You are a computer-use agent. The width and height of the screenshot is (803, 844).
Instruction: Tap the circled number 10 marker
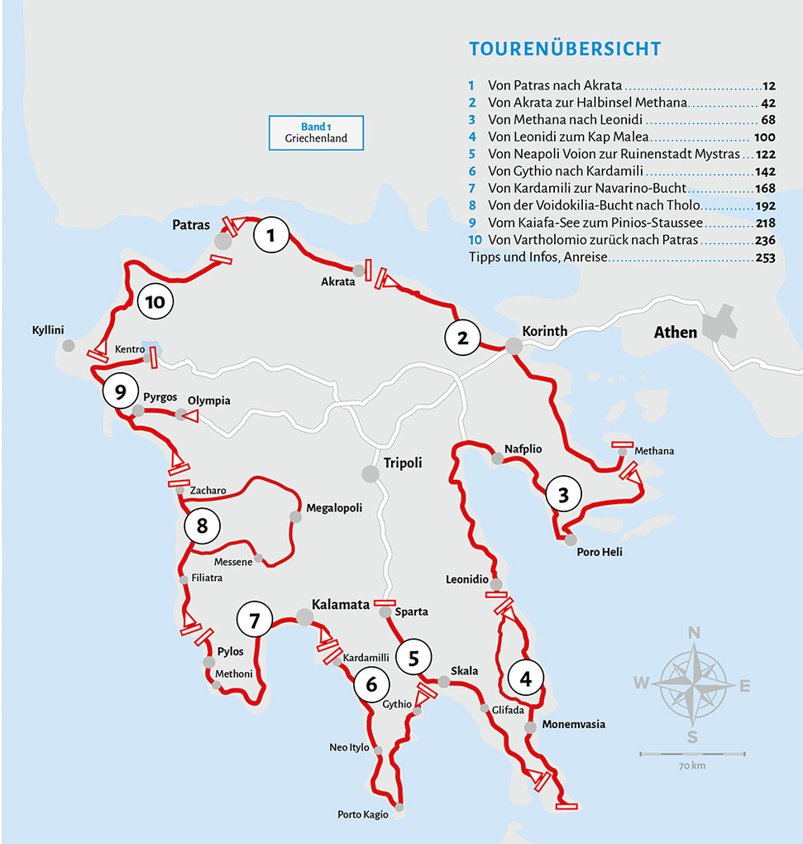(155, 302)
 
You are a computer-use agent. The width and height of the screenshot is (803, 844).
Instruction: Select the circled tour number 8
(202, 525)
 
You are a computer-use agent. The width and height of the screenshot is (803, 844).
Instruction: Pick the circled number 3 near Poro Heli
(563, 496)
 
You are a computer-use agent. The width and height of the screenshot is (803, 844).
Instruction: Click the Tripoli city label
(403, 463)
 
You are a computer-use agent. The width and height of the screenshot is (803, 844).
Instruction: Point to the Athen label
(676, 333)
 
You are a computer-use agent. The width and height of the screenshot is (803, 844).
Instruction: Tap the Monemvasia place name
(573, 724)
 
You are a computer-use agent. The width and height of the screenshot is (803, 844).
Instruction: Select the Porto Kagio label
(362, 815)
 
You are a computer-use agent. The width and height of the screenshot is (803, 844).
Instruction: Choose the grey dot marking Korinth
(514, 347)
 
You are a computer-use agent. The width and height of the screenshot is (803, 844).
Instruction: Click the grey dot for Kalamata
(304, 616)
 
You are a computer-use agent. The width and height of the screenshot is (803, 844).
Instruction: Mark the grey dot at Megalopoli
(295, 517)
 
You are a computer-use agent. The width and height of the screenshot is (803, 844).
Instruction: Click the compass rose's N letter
(695, 634)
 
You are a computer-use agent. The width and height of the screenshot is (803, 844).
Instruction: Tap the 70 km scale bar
(692, 755)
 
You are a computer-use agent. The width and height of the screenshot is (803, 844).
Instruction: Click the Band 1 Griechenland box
(316, 133)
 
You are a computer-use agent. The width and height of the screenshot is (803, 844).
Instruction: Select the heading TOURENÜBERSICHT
(565, 49)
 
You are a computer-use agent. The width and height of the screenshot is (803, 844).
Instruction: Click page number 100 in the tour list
(764, 137)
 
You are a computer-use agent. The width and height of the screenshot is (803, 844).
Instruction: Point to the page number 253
(764, 258)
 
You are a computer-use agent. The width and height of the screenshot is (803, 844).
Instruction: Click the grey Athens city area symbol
(719, 322)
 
